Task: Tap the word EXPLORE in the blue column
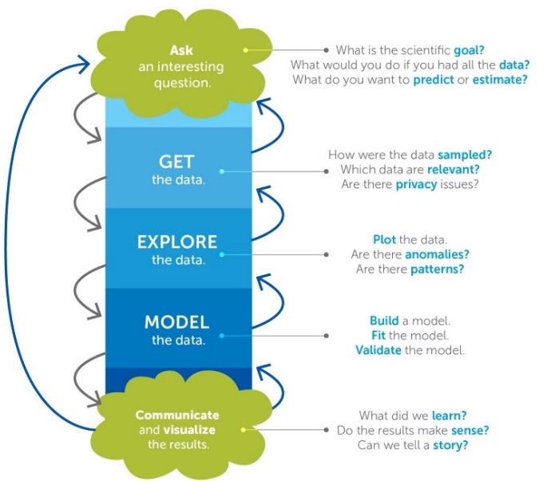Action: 177,242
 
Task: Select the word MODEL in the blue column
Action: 176,323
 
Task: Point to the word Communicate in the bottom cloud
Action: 176,415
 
